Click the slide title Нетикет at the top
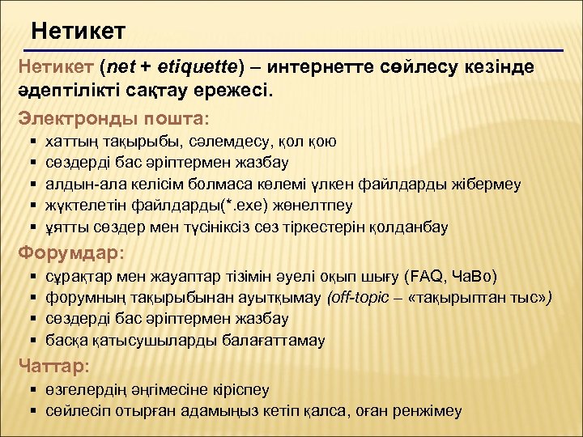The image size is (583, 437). click(x=79, y=32)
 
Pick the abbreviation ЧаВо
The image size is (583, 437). click(x=477, y=277)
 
